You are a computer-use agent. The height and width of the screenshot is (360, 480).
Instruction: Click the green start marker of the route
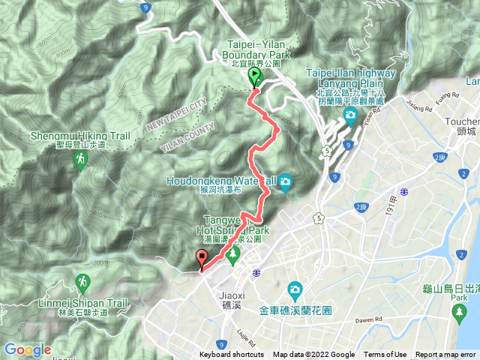point(254,76)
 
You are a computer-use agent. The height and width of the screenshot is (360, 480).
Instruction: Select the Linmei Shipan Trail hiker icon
point(82,282)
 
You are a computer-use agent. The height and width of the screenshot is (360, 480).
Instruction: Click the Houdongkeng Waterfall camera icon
point(286,181)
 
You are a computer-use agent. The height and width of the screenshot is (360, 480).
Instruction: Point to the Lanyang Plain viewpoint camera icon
point(350,114)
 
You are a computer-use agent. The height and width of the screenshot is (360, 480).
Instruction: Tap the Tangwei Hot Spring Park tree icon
point(232,253)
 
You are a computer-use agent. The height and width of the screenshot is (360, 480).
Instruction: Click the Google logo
point(28,350)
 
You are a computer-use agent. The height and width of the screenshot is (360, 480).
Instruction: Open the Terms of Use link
point(385,355)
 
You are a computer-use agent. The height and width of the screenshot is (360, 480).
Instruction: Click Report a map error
point(447,355)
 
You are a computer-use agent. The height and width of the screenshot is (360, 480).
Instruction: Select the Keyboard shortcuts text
point(232,355)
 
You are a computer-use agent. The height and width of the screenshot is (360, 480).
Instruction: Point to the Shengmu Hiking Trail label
point(81,136)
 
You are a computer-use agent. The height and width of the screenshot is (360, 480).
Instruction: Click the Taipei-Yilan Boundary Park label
point(254,54)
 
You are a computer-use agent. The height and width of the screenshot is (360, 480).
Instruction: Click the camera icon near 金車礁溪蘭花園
point(295,289)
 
